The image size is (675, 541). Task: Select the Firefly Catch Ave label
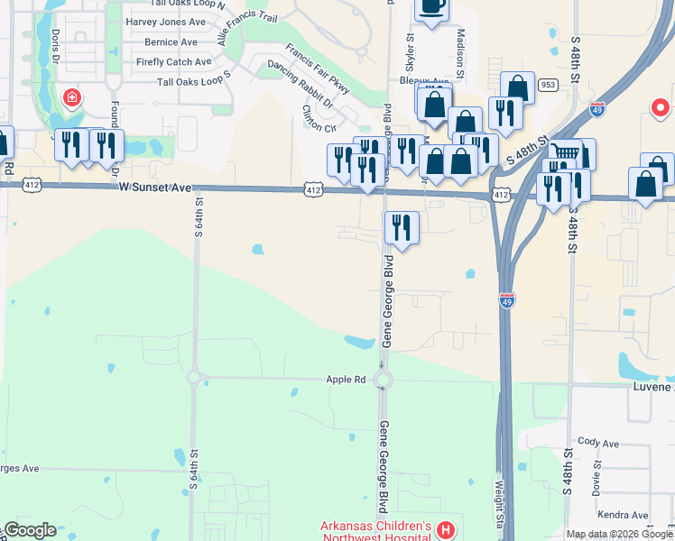173,62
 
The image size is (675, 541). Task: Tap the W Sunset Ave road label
155,188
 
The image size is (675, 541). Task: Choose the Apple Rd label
346,380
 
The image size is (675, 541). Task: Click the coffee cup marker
430,8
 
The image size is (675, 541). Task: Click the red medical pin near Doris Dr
70,96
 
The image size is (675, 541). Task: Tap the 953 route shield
548,85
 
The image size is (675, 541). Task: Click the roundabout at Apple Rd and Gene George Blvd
383,380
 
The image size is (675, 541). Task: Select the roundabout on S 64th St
192,378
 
